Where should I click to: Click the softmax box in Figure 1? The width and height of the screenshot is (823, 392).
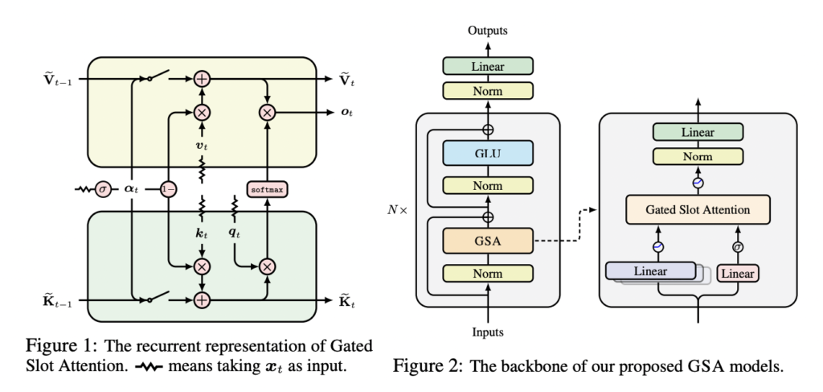click(x=267, y=189)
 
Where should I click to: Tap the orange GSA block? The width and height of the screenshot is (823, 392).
click(x=487, y=239)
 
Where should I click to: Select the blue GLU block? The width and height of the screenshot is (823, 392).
click(x=487, y=153)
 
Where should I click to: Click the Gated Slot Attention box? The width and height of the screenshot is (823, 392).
click(x=697, y=210)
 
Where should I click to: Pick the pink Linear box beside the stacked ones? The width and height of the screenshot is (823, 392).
click(x=737, y=274)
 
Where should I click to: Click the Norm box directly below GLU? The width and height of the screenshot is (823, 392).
click(x=487, y=187)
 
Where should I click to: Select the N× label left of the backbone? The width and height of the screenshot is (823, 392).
click(x=398, y=213)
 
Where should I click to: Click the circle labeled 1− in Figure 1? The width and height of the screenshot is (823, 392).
click(x=168, y=189)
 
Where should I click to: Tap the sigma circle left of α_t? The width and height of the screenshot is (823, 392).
click(x=102, y=189)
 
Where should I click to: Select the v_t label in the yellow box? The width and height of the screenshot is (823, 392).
click(x=202, y=146)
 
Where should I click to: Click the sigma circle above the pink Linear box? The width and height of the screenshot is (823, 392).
click(x=737, y=248)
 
